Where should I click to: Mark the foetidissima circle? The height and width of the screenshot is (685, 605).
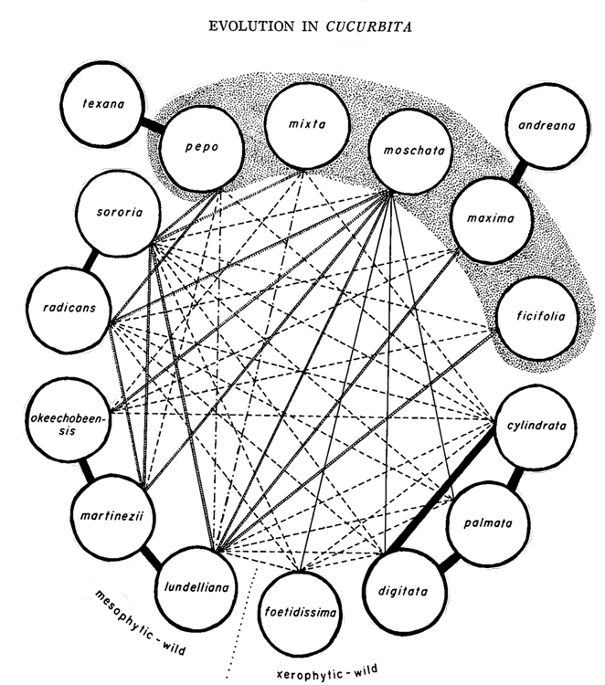click(x=298, y=608)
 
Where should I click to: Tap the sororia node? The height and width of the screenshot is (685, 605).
click(x=117, y=215)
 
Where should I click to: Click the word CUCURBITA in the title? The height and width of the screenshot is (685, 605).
click(x=361, y=26)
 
